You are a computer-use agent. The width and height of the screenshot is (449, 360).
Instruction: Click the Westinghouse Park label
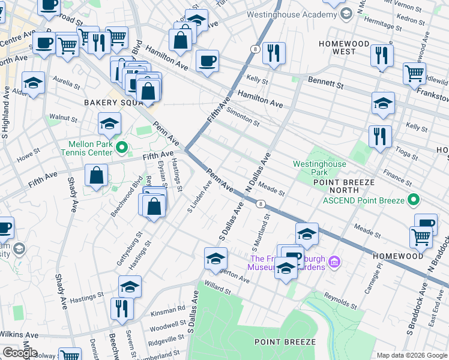coord(319,167)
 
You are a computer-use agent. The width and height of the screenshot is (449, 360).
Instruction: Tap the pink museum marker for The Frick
coord(335,262)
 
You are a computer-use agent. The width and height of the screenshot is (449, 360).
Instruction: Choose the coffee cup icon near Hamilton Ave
coord(207,61)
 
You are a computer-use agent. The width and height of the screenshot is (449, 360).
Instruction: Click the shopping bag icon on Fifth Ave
coord(96,176)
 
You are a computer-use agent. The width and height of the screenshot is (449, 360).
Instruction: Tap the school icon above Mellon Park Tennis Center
coord(110,124)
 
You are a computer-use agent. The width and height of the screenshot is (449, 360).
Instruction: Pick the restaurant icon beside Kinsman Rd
coord(122,308)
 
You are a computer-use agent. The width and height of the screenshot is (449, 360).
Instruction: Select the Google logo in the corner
coord(20,353)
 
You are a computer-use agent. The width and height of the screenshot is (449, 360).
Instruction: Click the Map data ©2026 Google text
coord(411,355)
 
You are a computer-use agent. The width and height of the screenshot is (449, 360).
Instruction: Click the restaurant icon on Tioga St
coord(380,136)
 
